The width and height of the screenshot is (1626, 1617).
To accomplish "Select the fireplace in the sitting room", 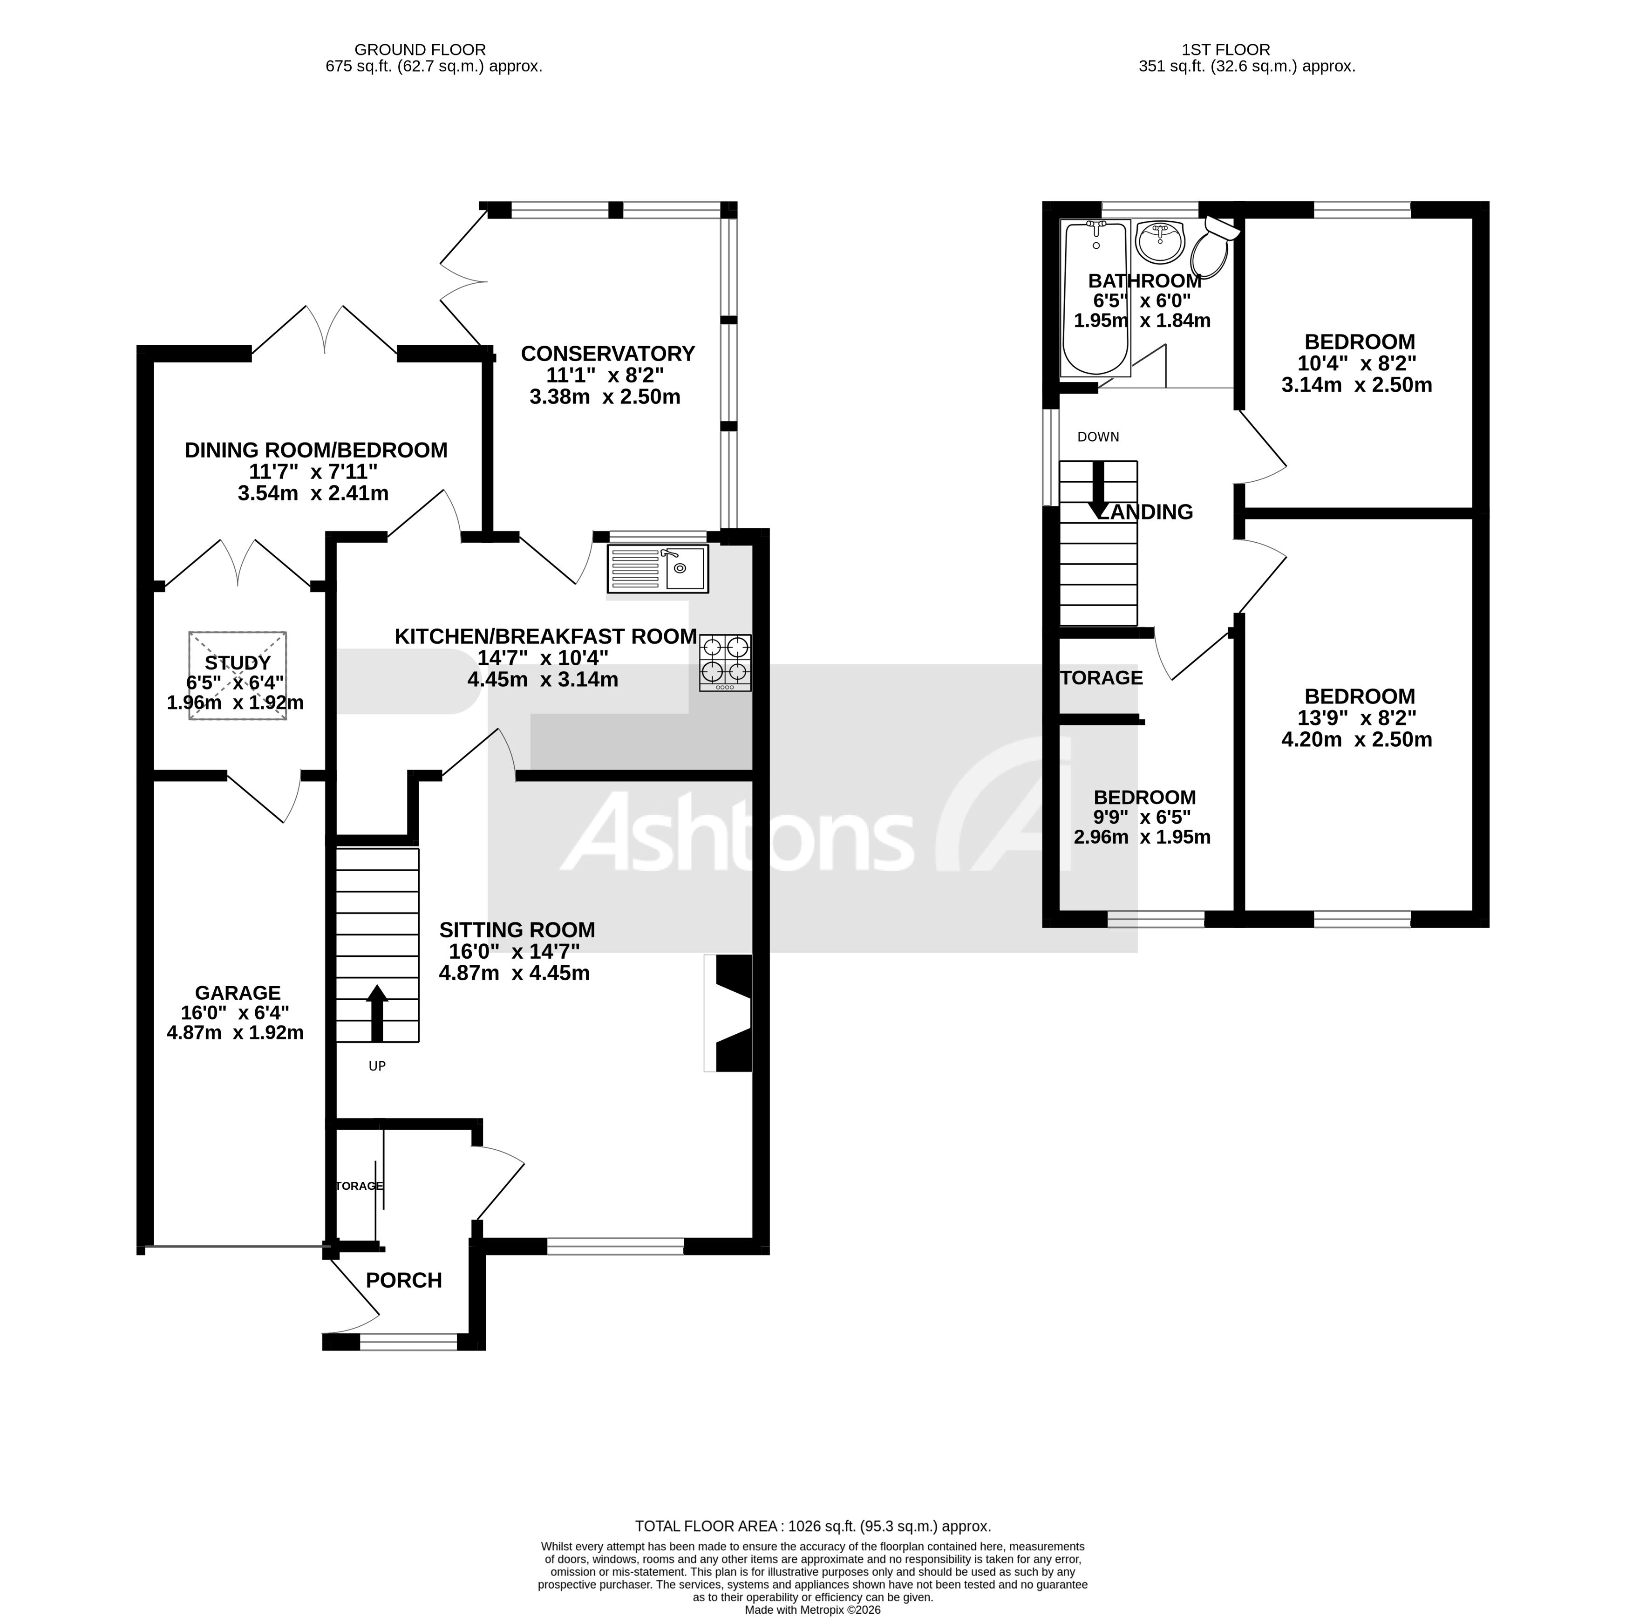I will point(729,1013).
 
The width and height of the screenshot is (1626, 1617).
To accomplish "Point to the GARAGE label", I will point(238,993).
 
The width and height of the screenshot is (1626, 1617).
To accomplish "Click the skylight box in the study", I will point(238,675).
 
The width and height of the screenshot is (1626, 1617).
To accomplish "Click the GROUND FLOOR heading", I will point(420,50).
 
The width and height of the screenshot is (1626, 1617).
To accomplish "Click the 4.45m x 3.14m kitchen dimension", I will point(542,679).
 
